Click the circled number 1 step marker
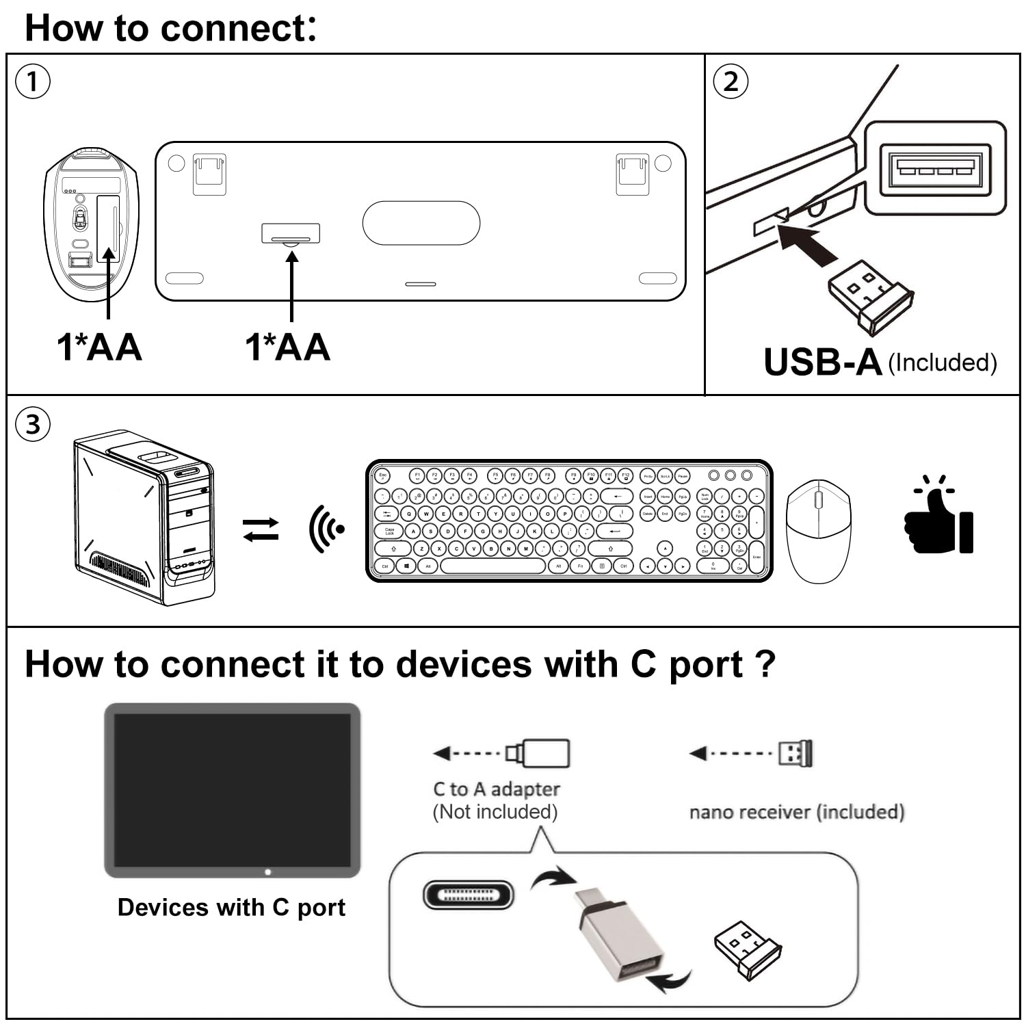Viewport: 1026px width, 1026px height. [32, 82]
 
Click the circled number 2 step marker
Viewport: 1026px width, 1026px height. [731, 81]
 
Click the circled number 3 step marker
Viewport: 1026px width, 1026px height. [32, 425]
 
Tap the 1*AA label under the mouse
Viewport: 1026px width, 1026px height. [99, 347]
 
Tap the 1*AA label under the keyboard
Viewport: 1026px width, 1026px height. [288, 347]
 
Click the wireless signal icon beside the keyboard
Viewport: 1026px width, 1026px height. [326, 529]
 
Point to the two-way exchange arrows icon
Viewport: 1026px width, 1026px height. [261, 529]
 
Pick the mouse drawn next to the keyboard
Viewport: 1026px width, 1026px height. [818, 531]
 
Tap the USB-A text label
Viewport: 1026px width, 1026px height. [822, 363]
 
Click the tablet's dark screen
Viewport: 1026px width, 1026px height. [232, 790]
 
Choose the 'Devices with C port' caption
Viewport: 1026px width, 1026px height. [231, 907]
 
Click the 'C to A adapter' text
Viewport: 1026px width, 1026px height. [497, 789]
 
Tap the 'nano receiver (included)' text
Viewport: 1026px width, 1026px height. [797, 812]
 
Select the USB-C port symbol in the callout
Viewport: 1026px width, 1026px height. [468, 895]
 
